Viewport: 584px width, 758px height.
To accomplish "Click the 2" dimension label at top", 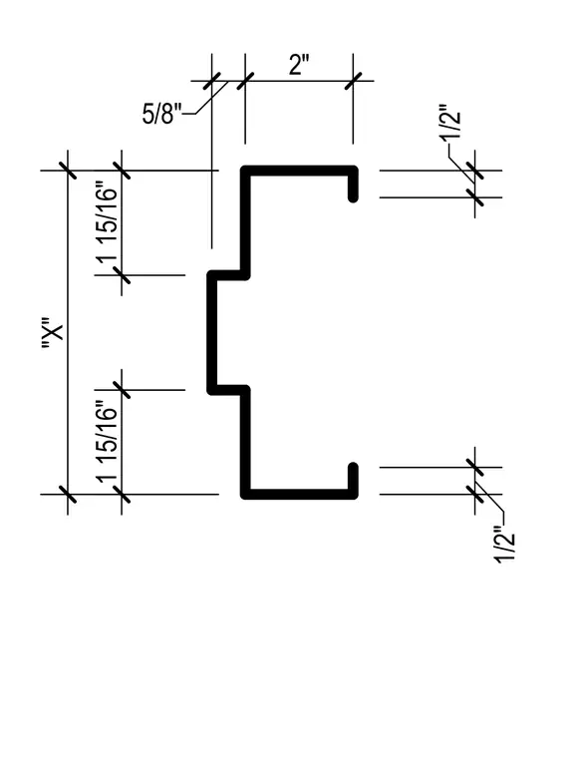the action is pyautogui.click(x=299, y=65).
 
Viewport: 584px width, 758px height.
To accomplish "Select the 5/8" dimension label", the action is pyautogui.click(x=161, y=115).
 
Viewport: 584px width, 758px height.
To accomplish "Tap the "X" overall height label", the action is pyautogui.click(x=52, y=333).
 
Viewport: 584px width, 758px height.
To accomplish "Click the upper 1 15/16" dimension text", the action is pyautogui.click(x=107, y=221).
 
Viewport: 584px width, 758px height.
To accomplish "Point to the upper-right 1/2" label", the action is pyautogui.click(x=450, y=122).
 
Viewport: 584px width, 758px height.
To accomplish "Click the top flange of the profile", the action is pyautogui.click(x=300, y=171).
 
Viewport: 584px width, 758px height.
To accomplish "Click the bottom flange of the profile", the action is pyautogui.click(x=300, y=494).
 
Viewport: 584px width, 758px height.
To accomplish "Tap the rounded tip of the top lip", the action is pyautogui.click(x=353, y=198).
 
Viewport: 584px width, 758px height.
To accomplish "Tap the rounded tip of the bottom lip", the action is pyautogui.click(x=353, y=467).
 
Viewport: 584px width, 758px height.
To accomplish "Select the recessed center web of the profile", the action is pyautogui.click(x=211, y=332).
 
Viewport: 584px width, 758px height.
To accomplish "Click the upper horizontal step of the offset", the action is pyautogui.click(x=228, y=275).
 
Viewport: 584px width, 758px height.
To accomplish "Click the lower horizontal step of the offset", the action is pyautogui.click(x=228, y=390).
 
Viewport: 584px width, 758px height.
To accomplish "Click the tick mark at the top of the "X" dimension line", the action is pyautogui.click(x=67, y=171).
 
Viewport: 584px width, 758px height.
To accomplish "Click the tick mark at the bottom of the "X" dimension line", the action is pyautogui.click(x=67, y=495).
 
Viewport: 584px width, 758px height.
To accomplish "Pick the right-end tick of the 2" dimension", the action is pyautogui.click(x=353, y=81).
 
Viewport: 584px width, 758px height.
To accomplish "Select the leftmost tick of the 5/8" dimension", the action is pyautogui.click(x=211, y=81).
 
